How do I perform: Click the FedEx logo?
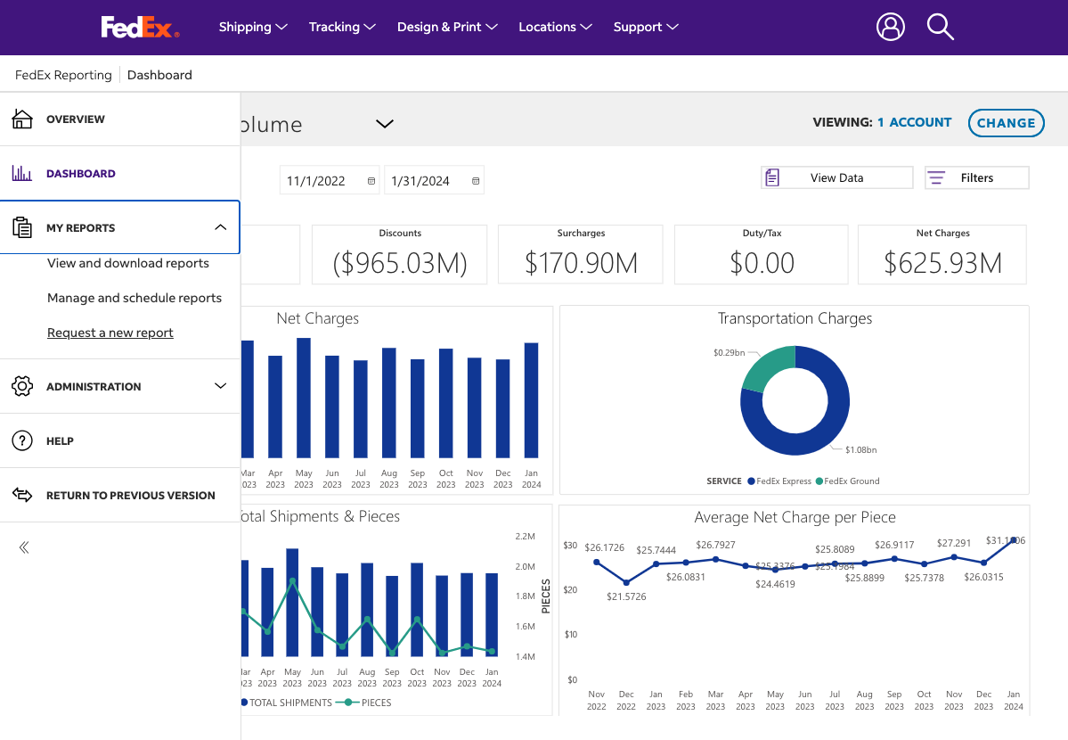tap(140, 28)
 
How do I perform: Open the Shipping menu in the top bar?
tap(253, 27)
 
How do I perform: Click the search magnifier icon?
tap(940, 27)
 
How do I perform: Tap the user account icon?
tap(890, 27)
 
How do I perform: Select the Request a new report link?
tap(110, 333)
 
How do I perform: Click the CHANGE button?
tap(1006, 123)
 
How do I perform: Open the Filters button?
tap(976, 177)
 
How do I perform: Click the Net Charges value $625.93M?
tap(942, 263)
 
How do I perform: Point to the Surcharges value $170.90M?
tap(581, 263)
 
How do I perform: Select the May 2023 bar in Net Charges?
tap(304, 398)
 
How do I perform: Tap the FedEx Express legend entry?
tap(779, 481)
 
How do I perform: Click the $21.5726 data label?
tap(626, 596)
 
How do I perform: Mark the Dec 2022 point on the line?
tap(626, 582)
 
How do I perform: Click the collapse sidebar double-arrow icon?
tap(24, 547)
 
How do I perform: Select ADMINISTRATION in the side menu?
tap(94, 386)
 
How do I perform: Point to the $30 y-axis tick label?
tap(570, 545)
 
